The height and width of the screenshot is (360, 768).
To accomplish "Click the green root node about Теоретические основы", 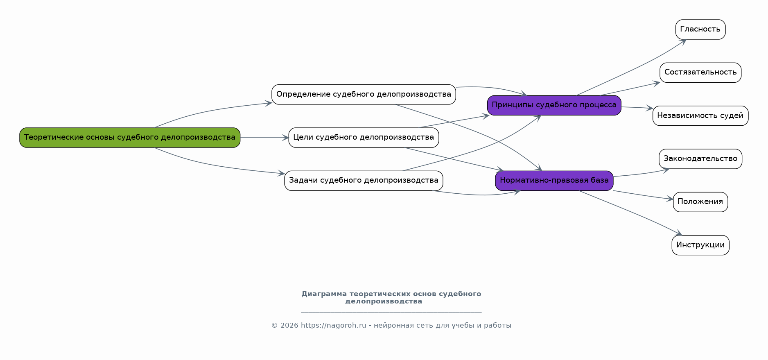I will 130,138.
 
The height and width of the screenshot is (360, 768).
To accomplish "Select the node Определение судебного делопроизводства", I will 364,95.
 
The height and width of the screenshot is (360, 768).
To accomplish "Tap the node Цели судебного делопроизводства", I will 364,138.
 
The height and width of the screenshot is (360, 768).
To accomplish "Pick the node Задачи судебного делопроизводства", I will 364,181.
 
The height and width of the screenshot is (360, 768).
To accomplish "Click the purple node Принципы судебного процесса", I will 554,105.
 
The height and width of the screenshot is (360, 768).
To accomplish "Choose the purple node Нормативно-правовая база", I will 554,181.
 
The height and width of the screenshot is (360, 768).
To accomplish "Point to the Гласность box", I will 700,29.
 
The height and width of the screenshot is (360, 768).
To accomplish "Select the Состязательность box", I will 700,72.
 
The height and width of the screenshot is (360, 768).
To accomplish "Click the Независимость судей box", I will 700,116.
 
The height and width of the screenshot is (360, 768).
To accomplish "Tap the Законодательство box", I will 700,159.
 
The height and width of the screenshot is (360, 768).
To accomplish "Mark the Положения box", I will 700,202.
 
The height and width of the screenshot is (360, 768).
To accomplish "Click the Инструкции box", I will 700,245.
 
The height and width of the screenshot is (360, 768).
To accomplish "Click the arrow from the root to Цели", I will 264,138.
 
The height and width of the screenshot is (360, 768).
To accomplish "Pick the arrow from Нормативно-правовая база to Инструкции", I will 630,212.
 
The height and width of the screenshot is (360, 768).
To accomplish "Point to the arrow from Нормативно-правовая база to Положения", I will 643,195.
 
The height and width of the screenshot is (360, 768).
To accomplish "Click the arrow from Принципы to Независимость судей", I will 637,108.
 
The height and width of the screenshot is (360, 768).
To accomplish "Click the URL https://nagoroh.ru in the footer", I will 333,326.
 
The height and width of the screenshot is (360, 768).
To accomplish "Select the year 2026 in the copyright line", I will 289,326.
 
